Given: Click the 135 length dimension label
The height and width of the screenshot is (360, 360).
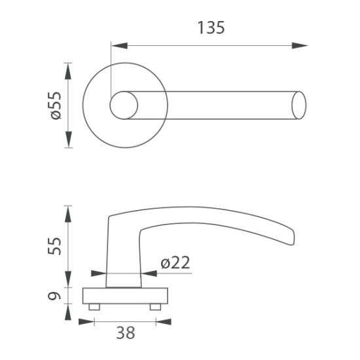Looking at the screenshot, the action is pyautogui.click(x=211, y=27).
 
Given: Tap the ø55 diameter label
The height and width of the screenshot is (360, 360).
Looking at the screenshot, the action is pyautogui.click(x=56, y=105).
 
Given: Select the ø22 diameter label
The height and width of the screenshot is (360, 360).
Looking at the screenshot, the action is pyautogui.click(x=175, y=262).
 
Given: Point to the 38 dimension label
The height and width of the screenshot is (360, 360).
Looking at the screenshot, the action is pyautogui.click(x=126, y=333).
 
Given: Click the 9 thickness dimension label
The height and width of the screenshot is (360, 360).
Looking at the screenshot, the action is pyautogui.click(x=54, y=296).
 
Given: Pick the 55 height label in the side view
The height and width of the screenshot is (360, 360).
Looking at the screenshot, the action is pyautogui.click(x=54, y=246).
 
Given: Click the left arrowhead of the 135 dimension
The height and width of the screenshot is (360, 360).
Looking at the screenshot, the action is pyautogui.click(x=119, y=45).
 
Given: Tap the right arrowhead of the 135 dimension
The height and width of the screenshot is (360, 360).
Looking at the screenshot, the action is pyautogui.click(x=300, y=45).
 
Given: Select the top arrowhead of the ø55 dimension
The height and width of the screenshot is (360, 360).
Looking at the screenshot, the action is pyautogui.click(x=68, y=71).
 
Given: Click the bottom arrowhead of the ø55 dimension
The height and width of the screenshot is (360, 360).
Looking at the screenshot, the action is pyautogui.click(x=68, y=139).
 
